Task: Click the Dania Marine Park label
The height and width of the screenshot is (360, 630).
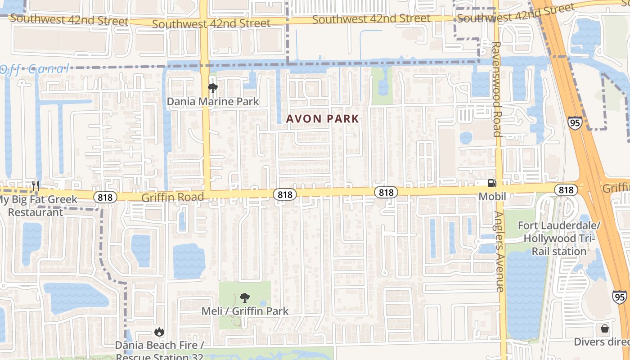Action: tap(213, 101)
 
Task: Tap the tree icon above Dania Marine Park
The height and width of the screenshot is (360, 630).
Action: tap(212, 88)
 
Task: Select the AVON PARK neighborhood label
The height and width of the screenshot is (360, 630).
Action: tap(323, 119)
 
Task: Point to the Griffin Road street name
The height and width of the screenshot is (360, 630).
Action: tap(173, 197)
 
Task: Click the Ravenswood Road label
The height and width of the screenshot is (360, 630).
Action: tap(497, 89)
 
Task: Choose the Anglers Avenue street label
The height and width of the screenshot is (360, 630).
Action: tap(499, 252)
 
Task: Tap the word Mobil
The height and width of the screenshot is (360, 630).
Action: tap(492, 196)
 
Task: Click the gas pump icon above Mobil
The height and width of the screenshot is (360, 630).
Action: tap(492, 183)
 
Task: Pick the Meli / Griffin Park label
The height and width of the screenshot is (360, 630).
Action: tap(245, 311)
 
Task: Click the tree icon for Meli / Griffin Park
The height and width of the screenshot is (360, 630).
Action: tap(245, 298)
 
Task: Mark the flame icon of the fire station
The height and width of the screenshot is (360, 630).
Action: tap(159, 333)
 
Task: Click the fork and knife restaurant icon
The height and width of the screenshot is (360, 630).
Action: tap(36, 185)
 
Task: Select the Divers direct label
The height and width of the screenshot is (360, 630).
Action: tap(602, 342)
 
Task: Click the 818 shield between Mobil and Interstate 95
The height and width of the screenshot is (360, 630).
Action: tap(566, 190)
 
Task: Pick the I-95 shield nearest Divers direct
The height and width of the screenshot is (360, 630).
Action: tap(619, 297)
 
